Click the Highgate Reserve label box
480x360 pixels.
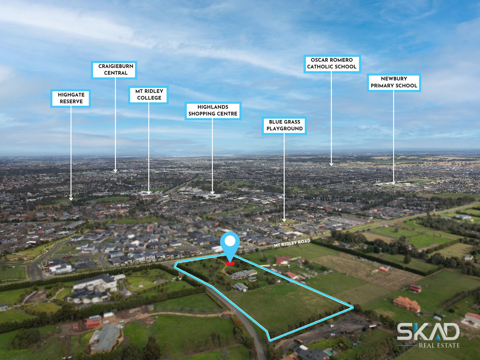click(70, 98)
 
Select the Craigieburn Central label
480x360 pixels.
click(114, 70)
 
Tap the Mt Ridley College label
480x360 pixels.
click(148, 94)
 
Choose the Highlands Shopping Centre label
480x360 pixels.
click(213, 110)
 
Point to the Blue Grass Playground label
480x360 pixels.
click(284, 125)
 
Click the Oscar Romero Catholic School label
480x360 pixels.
click(332, 63)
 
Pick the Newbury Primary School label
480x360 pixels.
click(394, 82)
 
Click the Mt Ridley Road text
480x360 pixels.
click(292, 243)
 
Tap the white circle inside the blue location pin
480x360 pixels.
click(230, 241)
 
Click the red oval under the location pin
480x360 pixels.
click(230, 264)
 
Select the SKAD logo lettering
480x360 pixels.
click(428, 331)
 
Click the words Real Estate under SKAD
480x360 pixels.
click(439, 346)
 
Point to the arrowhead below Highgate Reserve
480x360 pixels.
click(71, 199)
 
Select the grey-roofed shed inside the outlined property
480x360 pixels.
click(240, 287)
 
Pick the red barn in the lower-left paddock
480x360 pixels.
click(94, 321)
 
